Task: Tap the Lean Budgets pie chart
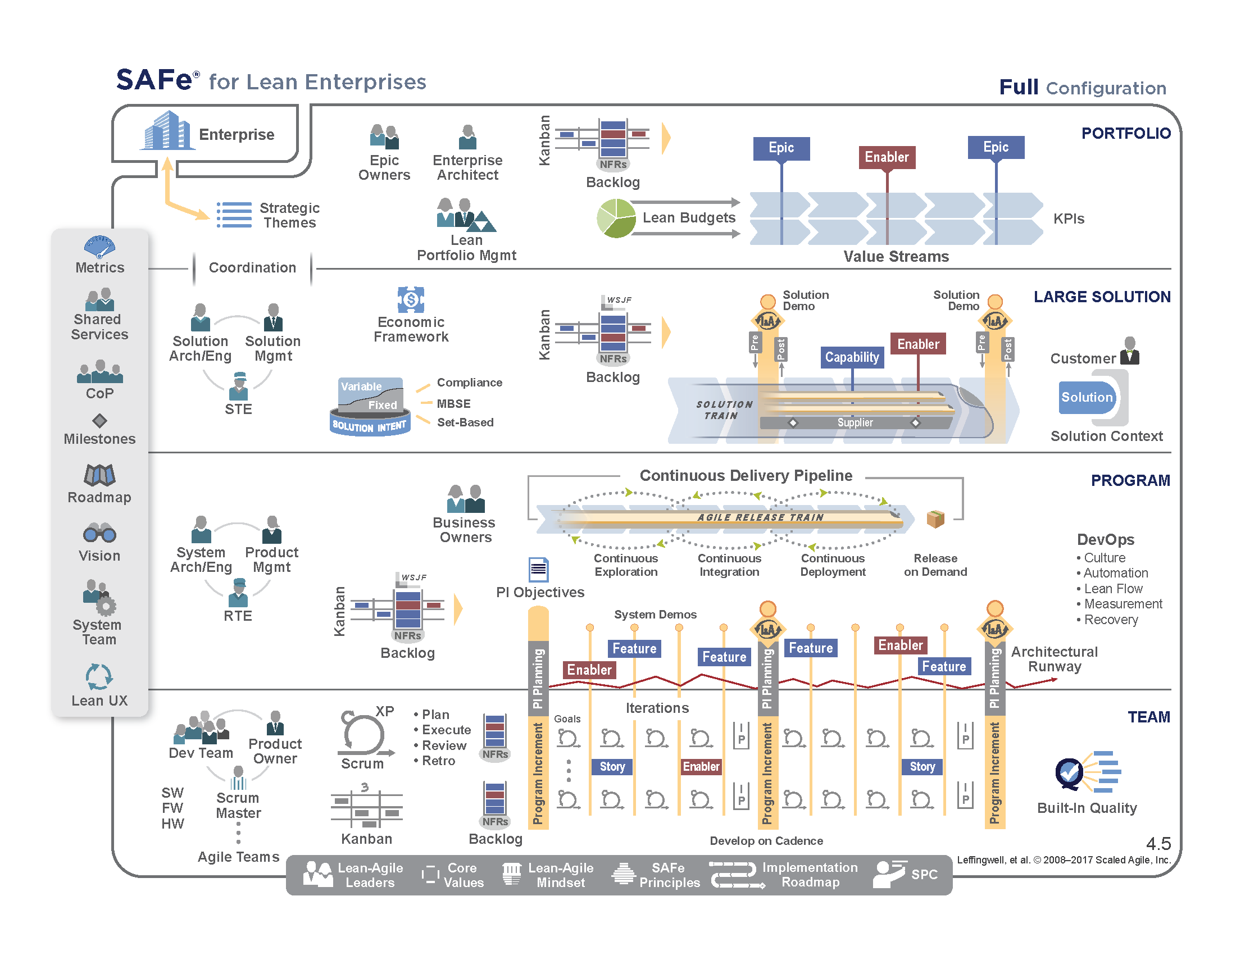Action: (616, 219)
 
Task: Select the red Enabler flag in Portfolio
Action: (886, 157)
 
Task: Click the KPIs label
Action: (1069, 219)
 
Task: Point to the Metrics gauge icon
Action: (99, 247)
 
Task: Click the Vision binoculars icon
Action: (99, 534)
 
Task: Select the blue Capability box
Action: (852, 357)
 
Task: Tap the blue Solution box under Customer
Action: (1087, 397)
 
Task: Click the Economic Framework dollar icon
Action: (411, 299)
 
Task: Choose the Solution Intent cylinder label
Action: (369, 426)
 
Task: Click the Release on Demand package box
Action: (935, 519)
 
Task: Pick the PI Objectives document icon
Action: (538, 569)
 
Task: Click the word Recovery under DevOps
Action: (1110, 620)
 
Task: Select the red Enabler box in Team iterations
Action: (701, 767)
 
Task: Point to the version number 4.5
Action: (1158, 844)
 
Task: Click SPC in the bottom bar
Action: (924, 875)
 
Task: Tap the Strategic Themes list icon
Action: (234, 215)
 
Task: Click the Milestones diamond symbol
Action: (99, 420)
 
